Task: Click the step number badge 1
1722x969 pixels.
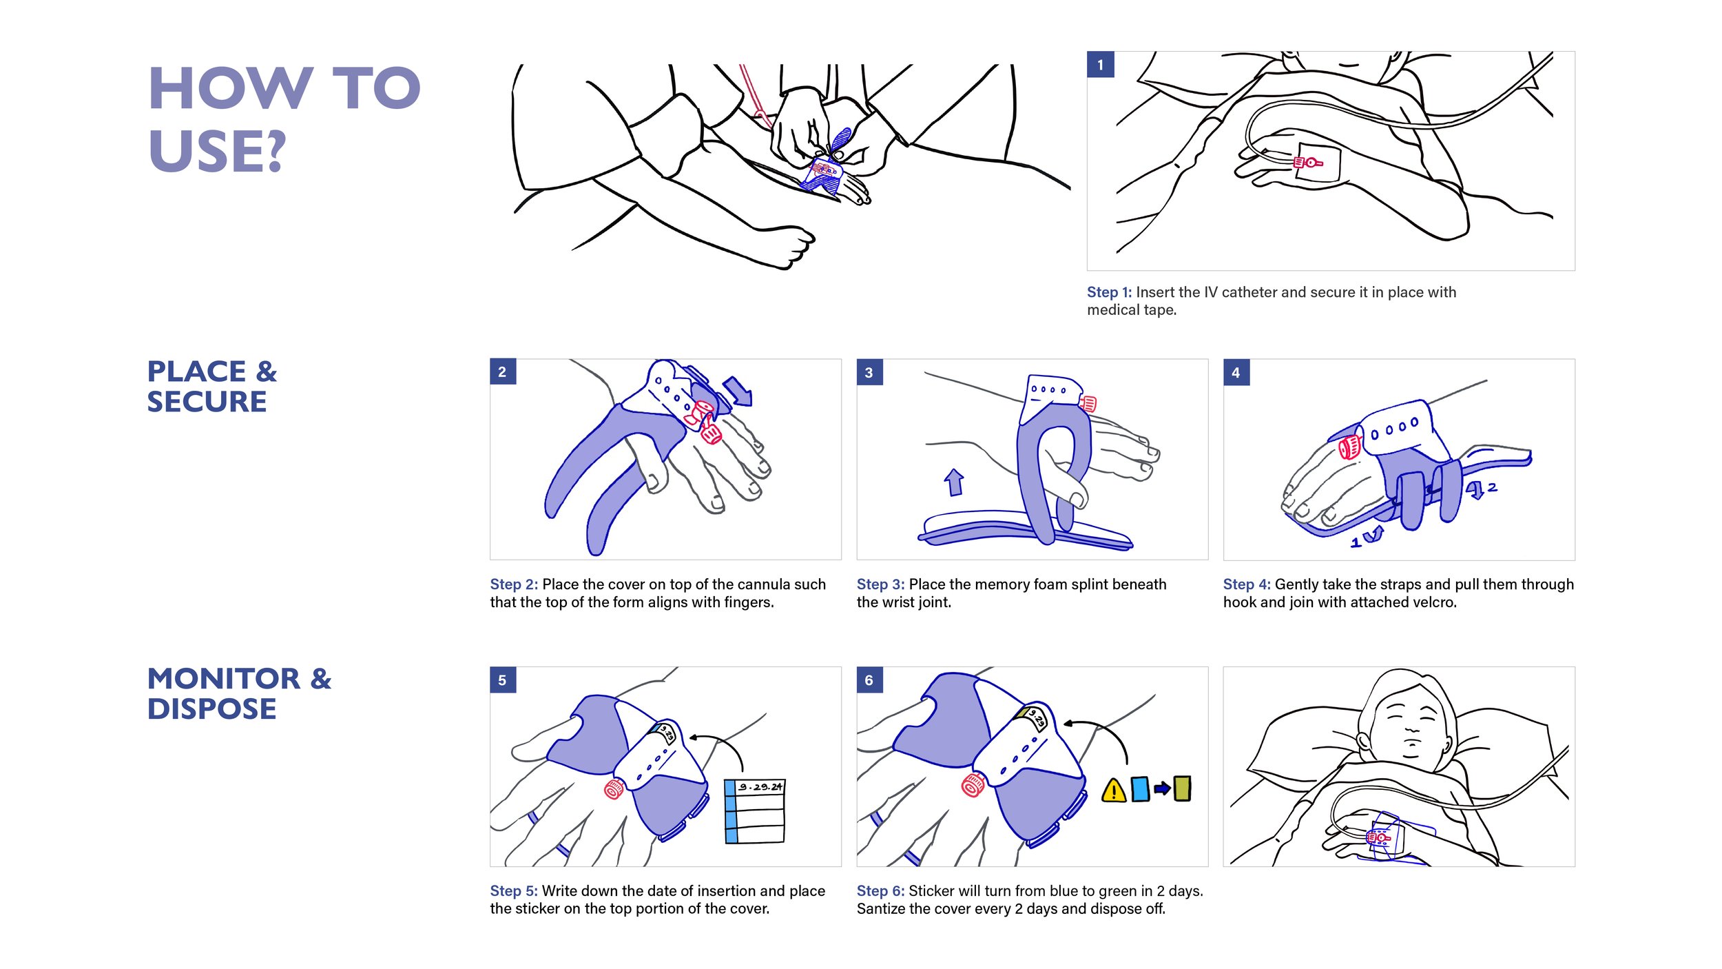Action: pos(1100,65)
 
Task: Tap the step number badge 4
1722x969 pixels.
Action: pos(1236,372)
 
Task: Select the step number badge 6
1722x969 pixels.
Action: pos(869,680)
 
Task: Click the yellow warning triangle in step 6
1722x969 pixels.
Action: pos(1113,790)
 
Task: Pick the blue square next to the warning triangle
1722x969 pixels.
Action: pos(1140,789)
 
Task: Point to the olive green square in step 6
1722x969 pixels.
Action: pos(1182,788)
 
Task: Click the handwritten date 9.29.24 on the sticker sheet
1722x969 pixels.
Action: pos(760,786)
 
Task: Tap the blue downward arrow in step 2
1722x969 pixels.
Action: pos(738,391)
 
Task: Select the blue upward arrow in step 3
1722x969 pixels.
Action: pos(954,482)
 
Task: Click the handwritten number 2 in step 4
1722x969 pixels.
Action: pos(1492,487)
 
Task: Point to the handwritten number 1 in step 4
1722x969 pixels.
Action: pos(1356,543)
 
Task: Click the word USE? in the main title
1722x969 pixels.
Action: pos(216,151)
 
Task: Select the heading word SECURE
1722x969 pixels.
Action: pos(207,402)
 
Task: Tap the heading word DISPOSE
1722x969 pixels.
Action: pos(211,709)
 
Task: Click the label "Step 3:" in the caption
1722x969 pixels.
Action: pos(880,584)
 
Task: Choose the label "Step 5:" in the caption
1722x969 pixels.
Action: pos(513,891)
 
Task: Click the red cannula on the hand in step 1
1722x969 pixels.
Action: pos(1307,163)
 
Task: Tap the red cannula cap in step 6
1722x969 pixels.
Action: pos(973,785)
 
